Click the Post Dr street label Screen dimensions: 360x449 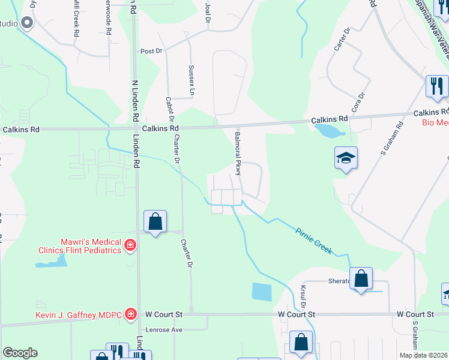pos(151,52)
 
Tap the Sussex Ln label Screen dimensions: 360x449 pos(191,80)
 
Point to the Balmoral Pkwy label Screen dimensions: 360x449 pos(238,155)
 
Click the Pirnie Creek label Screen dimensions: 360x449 pos(313,241)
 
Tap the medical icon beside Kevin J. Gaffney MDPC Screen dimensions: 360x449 pos(130,314)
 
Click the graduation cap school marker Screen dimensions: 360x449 pos(346,158)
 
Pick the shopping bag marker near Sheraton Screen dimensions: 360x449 pos(361,278)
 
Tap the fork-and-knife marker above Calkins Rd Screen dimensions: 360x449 pos(436,86)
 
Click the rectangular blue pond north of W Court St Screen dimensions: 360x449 pos(262,292)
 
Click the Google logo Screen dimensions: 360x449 pos(20,353)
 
